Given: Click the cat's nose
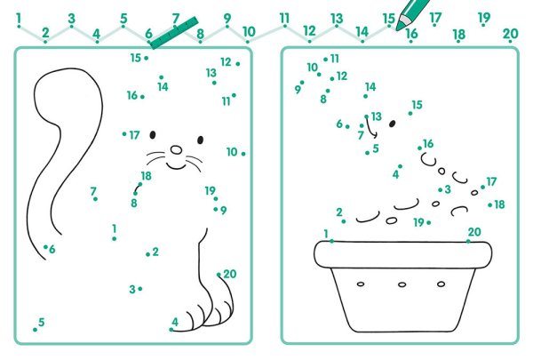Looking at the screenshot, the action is point(176,149).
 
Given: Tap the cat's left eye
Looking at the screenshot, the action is point(153,135).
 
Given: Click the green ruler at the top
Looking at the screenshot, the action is point(174,33).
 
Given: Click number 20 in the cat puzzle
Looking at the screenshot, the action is point(230,274).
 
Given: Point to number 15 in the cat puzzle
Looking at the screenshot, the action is point(136,58).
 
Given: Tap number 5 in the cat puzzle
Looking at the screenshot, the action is point(42,322).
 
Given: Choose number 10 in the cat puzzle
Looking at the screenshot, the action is point(232,152).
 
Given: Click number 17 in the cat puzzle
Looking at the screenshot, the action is point(135,135).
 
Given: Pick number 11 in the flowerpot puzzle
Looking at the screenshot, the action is point(335,59).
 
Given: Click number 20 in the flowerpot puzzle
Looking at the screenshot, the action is point(474,232).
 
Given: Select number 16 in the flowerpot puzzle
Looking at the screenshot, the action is point(428,144).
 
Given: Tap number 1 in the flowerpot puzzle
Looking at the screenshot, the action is point(326,234).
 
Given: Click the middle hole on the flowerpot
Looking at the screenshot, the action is point(402,284).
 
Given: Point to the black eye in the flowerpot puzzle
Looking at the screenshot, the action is point(392,124).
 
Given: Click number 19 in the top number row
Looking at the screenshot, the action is point(484,18).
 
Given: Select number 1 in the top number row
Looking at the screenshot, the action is point(19,19).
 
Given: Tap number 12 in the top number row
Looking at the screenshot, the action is point(309,31).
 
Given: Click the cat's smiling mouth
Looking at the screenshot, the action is point(176,166).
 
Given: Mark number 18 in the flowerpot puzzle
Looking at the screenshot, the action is point(499,204).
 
